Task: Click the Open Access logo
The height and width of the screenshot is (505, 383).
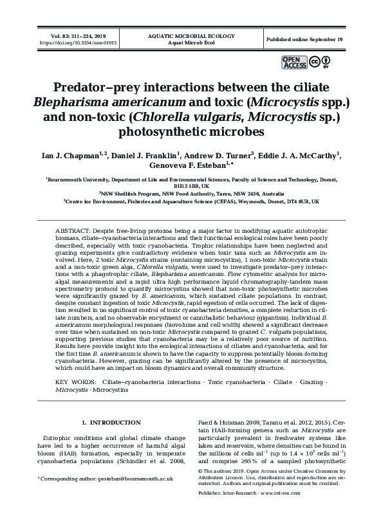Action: pos(294,62)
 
